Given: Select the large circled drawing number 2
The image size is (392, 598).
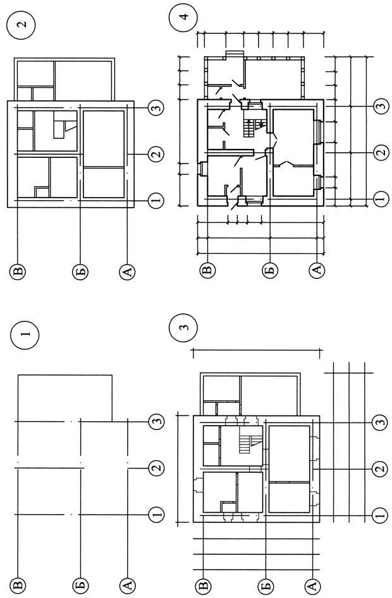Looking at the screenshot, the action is [x=21, y=24].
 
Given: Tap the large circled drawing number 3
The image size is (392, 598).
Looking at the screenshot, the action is [x=184, y=328].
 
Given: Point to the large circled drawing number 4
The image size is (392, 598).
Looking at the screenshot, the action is [x=185, y=17].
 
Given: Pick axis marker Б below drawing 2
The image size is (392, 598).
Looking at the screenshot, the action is [x=80, y=272].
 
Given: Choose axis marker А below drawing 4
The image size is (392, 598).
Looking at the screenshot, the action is [x=316, y=270].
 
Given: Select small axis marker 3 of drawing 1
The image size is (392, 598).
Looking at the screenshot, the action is [x=156, y=421].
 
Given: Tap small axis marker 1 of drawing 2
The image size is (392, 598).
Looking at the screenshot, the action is [x=156, y=200].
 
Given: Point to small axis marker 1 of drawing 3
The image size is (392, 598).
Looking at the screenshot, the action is [x=379, y=515].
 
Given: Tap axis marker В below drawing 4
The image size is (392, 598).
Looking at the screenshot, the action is [x=207, y=270].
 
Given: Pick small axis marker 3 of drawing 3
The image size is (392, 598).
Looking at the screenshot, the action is [x=379, y=422].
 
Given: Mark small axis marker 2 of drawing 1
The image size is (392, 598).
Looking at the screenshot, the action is [x=156, y=468].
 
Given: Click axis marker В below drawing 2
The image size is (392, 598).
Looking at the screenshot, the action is [x=18, y=272].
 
